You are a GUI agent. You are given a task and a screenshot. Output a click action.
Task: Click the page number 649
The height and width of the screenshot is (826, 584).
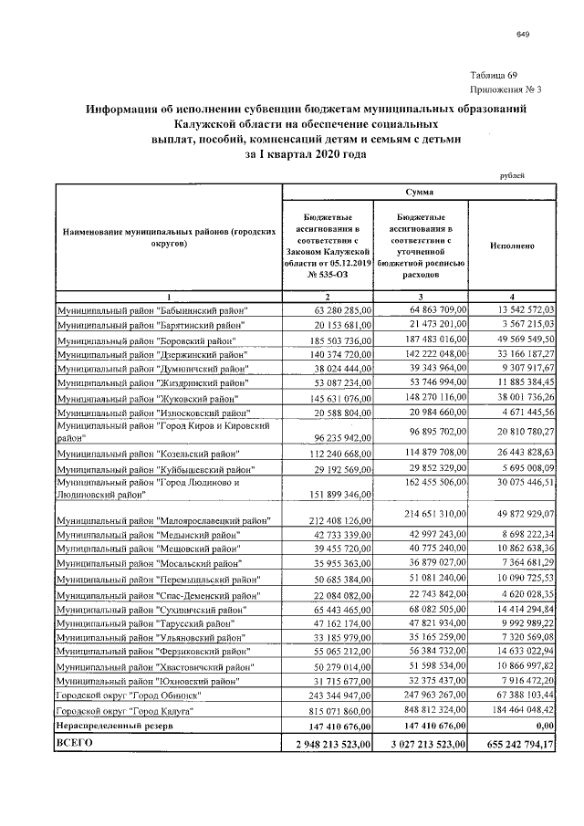pyautogui.click(x=523, y=35)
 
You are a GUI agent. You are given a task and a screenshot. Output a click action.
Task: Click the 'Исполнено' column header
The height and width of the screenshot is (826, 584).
pyautogui.click(x=512, y=246)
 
